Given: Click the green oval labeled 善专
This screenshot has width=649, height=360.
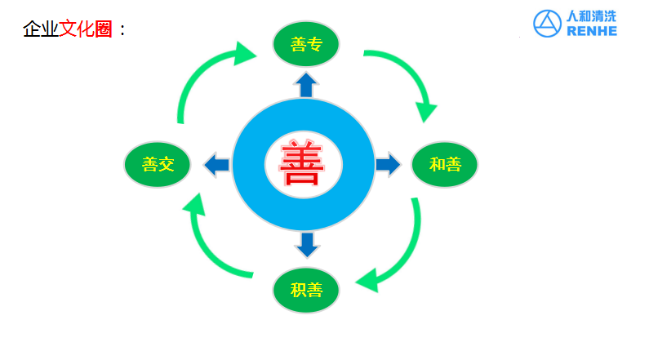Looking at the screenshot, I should click(x=306, y=45).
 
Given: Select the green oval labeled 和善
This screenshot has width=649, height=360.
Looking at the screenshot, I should click(x=445, y=165).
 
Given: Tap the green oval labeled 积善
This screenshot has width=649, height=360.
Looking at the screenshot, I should click(x=306, y=290).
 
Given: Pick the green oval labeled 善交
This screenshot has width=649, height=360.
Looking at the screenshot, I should click(x=158, y=165).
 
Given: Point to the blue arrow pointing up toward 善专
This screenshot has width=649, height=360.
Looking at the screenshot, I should click(x=306, y=84).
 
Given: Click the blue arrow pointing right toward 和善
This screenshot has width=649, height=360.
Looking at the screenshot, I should click(x=389, y=164).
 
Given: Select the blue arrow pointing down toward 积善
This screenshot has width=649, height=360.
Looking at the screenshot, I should click(x=306, y=244).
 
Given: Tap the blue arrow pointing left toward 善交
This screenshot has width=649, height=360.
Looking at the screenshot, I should click(x=216, y=165).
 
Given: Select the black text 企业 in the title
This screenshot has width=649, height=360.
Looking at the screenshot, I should click(x=40, y=30).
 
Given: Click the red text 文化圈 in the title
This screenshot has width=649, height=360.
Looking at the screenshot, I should click(x=85, y=30).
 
